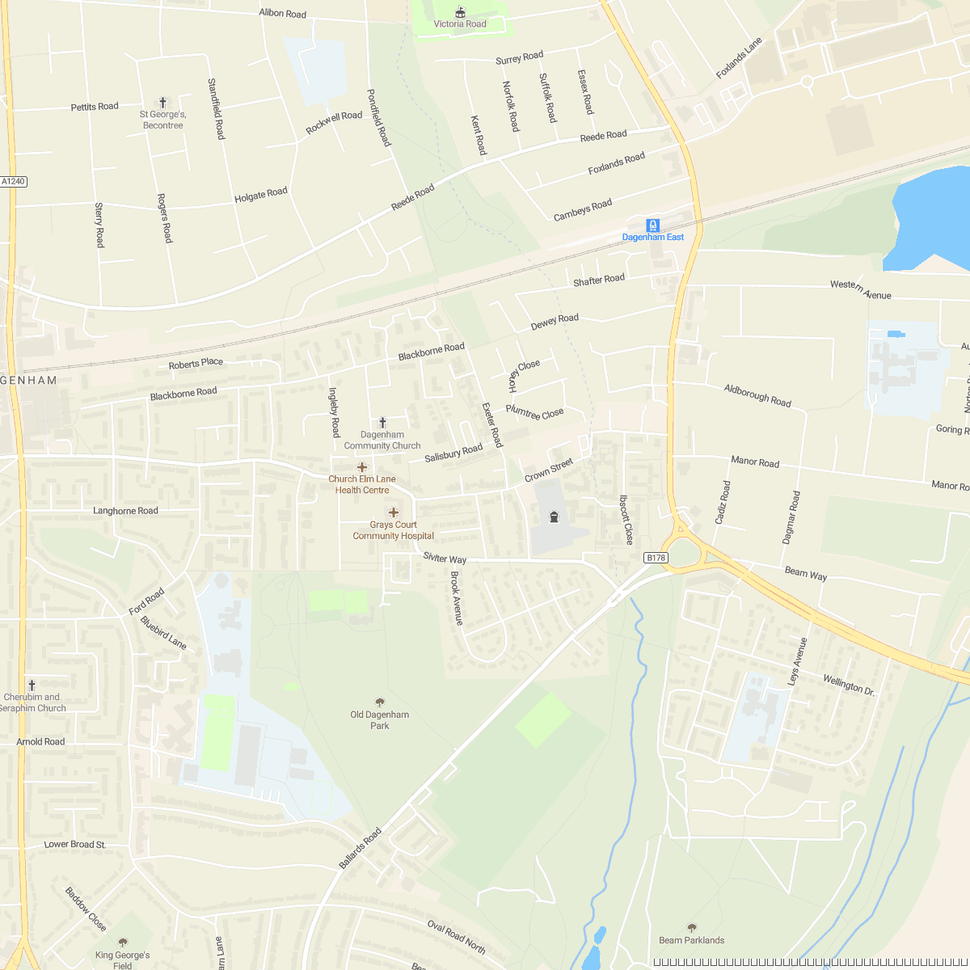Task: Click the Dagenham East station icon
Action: [652, 226]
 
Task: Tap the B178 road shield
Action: [656, 558]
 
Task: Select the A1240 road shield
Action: [14, 182]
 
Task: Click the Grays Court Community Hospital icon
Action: [394, 512]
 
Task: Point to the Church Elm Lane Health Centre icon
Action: [362, 467]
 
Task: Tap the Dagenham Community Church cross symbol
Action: [382, 423]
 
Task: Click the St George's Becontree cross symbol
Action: [162, 103]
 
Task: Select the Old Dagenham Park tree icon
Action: [380, 702]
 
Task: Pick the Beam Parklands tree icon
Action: [691, 928]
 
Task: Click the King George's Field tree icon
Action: [123, 943]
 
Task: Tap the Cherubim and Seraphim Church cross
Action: [32, 685]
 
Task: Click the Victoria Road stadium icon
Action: [461, 11]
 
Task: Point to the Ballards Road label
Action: [360, 849]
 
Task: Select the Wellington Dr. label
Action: [849, 685]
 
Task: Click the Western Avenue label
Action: [860, 290]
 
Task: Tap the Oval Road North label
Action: [457, 938]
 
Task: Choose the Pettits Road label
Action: [95, 107]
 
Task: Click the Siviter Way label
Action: [445, 559]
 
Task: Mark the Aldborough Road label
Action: [757, 395]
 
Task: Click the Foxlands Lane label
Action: [739, 58]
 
